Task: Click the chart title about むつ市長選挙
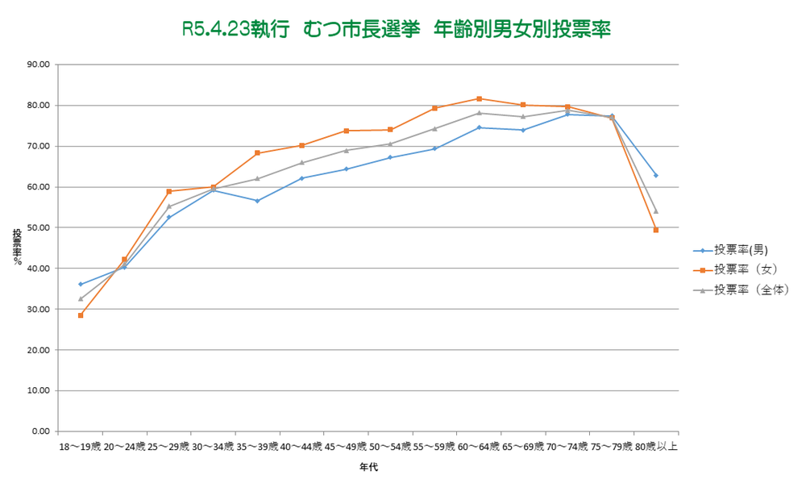click(396, 30)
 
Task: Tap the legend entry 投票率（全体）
click(745, 289)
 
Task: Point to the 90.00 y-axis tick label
click(39, 65)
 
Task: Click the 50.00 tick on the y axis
click(39, 227)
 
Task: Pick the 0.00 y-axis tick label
click(41, 431)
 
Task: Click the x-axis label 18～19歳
click(80, 446)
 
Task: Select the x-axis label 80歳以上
click(656, 446)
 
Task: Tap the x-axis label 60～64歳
click(479, 446)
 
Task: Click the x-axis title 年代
click(368, 467)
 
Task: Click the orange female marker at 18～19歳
click(81, 315)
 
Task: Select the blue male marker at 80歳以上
click(656, 175)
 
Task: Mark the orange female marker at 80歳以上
click(656, 230)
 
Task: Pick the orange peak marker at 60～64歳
click(479, 98)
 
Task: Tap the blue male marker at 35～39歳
click(257, 201)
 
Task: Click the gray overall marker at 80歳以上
click(656, 211)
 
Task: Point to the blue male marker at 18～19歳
click(81, 284)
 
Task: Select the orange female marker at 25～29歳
click(169, 191)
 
